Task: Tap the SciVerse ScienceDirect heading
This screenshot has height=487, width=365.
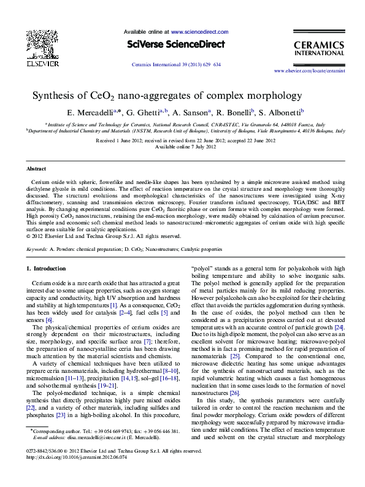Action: pos(176,44)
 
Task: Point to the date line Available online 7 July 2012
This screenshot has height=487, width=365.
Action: pos(182,147)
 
